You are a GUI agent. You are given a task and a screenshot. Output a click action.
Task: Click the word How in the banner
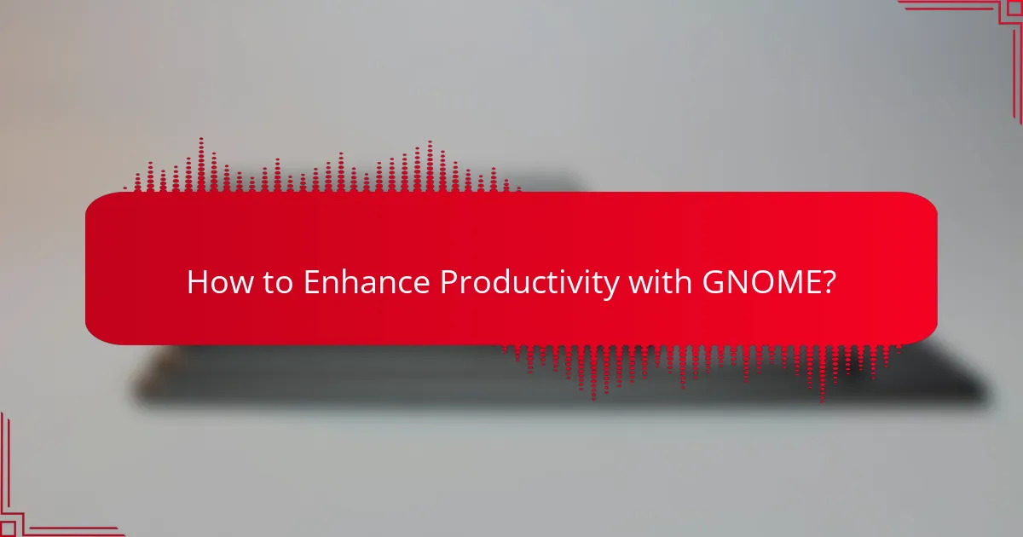click(214, 282)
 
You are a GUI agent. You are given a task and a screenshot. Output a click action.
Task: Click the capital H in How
click(197, 282)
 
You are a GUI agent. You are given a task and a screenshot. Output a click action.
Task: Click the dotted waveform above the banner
click(324, 170)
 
